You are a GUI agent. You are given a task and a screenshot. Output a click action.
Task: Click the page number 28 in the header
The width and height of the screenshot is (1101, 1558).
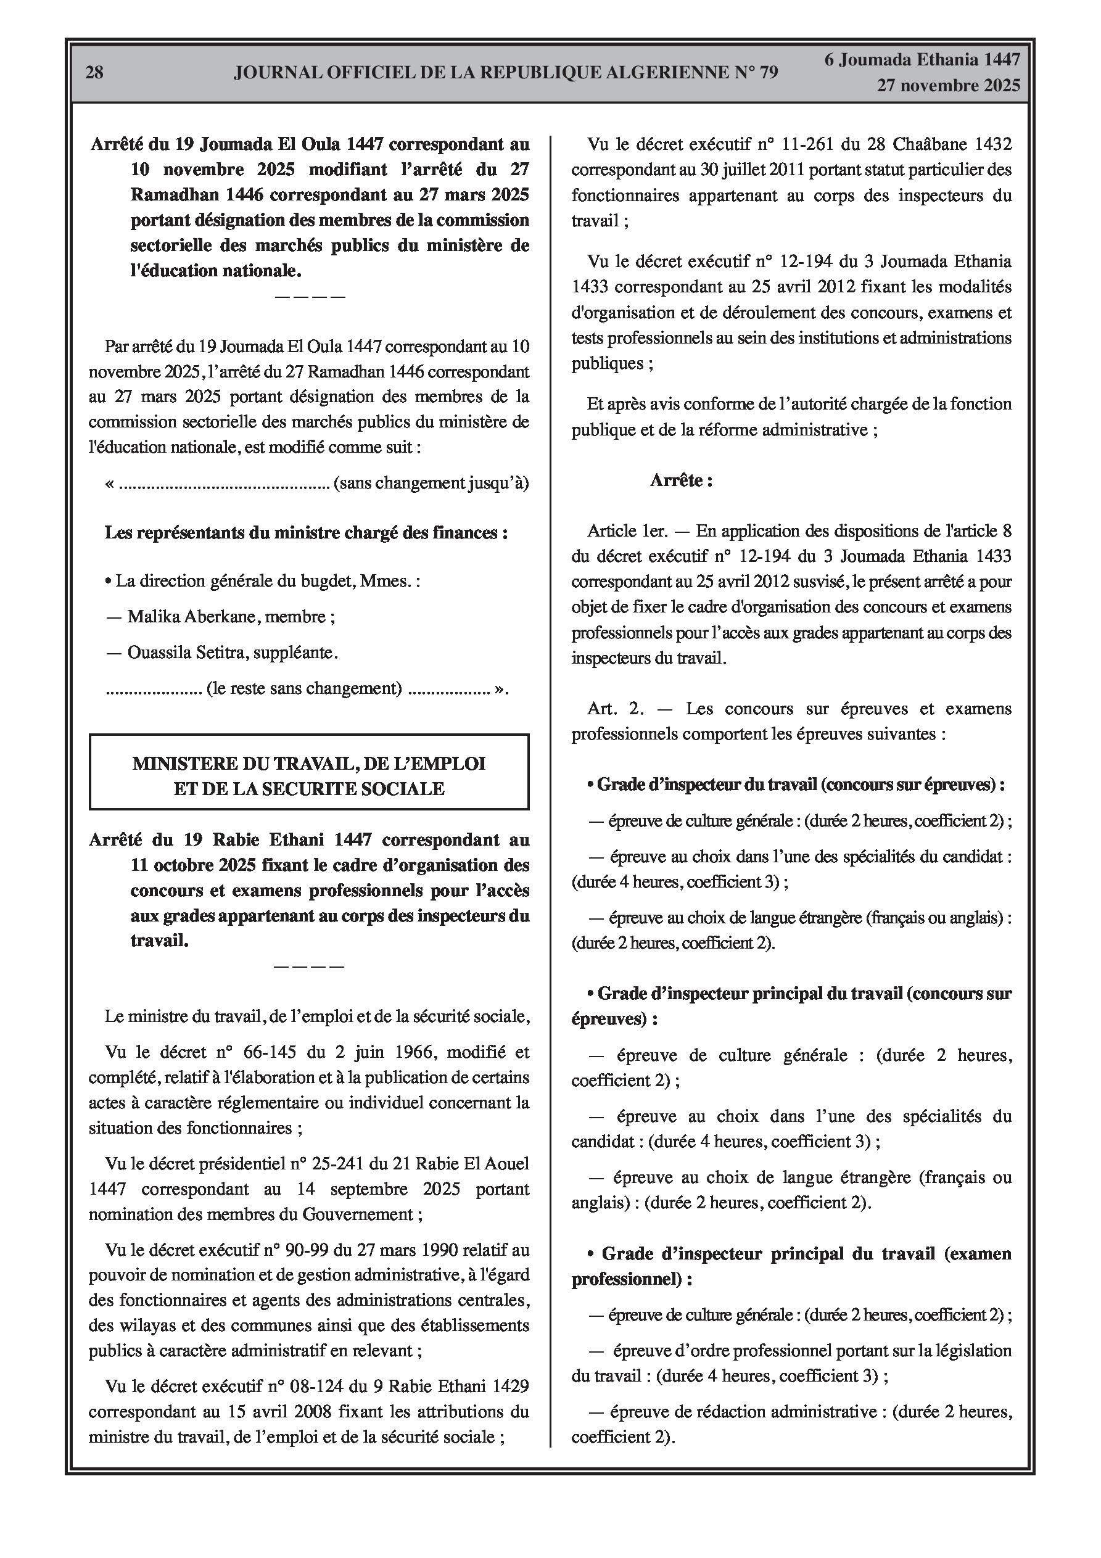(94, 73)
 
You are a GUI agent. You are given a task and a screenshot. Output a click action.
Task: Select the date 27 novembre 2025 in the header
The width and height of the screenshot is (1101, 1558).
(948, 86)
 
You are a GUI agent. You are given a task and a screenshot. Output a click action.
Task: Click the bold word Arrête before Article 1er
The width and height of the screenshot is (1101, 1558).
(681, 480)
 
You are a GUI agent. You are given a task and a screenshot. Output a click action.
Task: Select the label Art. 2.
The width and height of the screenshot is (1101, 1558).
(616, 709)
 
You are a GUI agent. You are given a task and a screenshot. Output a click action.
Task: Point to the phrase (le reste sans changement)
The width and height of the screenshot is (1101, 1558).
(305, 689)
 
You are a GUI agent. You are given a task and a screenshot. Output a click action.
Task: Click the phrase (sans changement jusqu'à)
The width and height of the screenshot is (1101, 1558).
(431, 483)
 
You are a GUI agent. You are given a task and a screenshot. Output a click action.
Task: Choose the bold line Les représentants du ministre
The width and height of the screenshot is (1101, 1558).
(305, 533)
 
